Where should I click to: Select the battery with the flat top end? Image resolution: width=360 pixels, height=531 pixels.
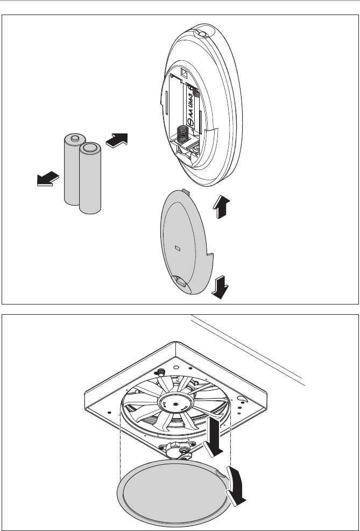coord(90,178)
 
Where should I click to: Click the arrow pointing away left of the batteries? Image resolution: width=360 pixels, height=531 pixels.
coord(48,179)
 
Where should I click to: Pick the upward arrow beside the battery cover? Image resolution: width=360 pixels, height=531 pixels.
coord(222,207)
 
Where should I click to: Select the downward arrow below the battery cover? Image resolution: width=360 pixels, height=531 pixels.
coord(220,287)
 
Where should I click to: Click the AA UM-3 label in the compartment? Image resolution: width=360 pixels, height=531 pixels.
coord(192,106)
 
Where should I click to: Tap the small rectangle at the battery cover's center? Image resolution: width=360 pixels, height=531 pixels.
coord(178,249)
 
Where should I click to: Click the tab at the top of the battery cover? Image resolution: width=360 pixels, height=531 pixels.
coord(186,192)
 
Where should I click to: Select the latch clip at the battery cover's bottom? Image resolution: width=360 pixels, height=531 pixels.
coord(180,281)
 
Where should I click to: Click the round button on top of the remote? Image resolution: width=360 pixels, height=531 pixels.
coord(201,33)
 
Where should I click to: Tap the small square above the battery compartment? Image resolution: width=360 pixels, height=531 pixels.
coord(184,72)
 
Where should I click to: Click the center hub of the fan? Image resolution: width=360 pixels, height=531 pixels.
coord(175,403)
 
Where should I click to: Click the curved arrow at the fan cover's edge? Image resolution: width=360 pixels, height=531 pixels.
coord(236,486)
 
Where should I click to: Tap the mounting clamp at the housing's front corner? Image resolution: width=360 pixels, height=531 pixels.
coord(178,450)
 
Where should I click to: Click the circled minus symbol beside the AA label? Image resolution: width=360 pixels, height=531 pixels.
coord(190,122)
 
